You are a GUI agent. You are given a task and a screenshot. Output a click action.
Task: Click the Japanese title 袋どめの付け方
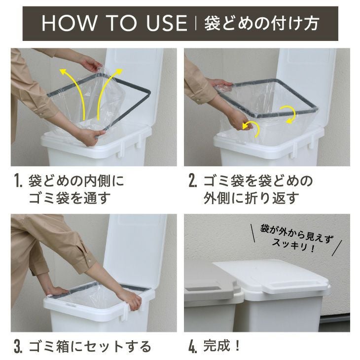(x=261, y=24)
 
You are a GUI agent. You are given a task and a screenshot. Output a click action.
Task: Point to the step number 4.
(x=193, y=347)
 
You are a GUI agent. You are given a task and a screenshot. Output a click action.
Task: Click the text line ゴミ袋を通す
(x=69, y=198)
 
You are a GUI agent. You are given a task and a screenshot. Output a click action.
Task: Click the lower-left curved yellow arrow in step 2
(x=252, y=127)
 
